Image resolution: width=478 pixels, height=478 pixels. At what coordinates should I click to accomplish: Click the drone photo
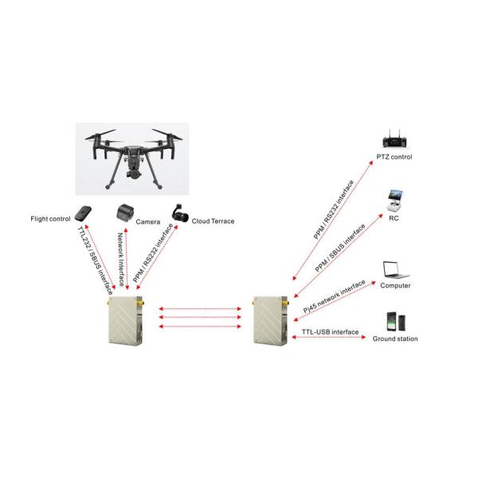pos(131,157)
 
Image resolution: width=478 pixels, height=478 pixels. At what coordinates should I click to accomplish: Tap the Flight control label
pos(50,218)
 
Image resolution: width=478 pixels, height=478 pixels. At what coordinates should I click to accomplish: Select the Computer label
pos(395,285)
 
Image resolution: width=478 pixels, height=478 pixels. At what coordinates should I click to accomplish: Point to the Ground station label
pos(395,339)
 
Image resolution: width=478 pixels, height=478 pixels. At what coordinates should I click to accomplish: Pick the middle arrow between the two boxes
pos(200,318)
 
